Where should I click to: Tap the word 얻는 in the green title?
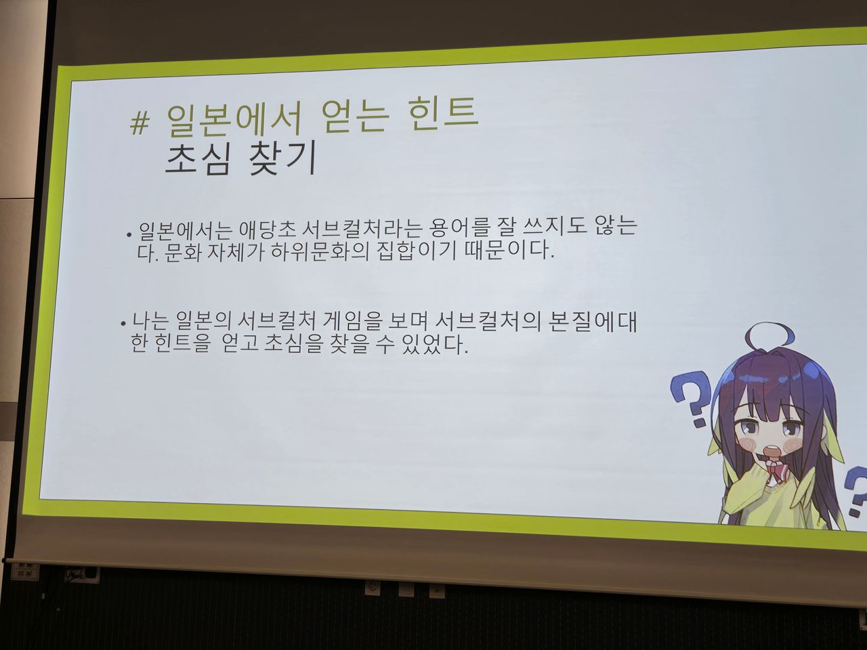click(x=355, y=115)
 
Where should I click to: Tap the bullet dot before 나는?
click(x=123, y=324)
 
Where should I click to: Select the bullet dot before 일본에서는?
click(x=129, y=235)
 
